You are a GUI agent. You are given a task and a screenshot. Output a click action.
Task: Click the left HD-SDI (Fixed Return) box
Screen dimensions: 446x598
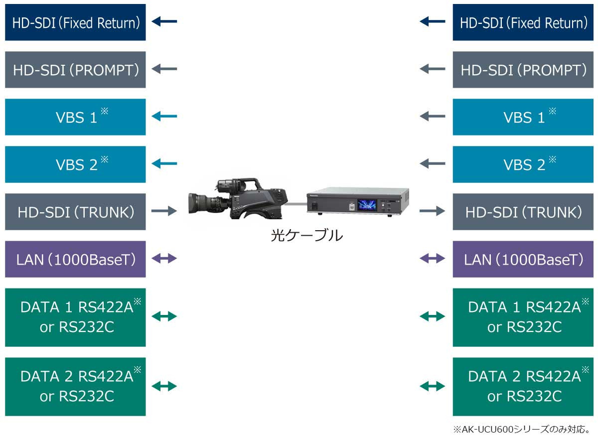75,22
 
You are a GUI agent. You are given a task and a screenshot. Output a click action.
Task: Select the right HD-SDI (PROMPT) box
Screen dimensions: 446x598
523,70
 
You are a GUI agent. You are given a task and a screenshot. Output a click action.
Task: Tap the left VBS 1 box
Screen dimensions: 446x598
75,117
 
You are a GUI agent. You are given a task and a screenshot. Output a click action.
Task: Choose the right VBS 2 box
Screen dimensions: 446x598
523,164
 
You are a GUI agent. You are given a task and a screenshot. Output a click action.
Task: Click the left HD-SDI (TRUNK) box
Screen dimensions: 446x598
75,212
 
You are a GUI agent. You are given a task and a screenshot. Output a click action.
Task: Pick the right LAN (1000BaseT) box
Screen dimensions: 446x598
523,259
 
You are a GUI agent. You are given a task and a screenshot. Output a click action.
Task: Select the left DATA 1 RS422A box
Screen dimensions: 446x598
75,317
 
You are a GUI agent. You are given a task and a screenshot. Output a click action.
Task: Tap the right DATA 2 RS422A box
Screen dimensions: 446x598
523,387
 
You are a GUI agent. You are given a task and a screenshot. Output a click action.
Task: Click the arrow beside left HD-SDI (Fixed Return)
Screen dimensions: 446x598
164,21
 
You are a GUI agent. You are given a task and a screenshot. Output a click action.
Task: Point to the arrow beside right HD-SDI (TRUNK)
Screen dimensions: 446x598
432,211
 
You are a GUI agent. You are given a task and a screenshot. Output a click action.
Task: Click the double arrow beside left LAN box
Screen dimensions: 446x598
164,259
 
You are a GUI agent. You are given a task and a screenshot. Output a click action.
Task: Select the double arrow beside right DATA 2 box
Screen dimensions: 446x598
433,386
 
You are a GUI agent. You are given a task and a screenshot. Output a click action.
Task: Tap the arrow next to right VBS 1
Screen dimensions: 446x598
433,117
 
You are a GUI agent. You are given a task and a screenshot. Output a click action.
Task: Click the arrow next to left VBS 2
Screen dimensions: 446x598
164,164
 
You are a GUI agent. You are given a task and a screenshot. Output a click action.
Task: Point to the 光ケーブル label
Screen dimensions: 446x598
306,235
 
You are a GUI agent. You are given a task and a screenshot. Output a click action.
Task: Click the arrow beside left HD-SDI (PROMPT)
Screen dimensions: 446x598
164,69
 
